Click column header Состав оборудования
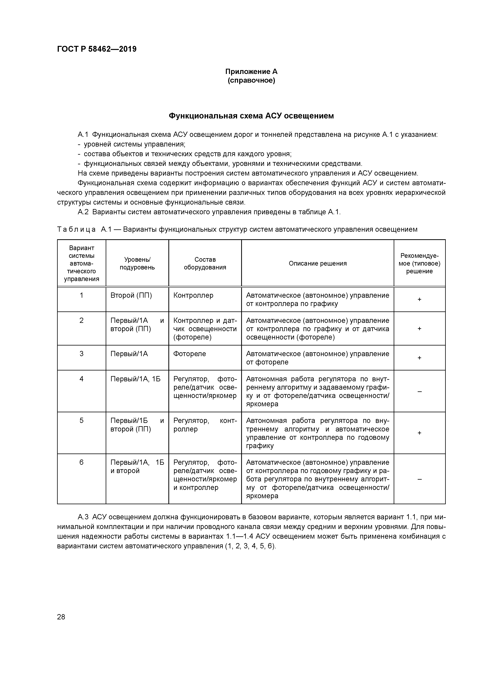coord(205,263)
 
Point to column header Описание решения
coord(318,263)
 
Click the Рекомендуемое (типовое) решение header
coord(419,263)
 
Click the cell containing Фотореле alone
coord(189,354)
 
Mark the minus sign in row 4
coord(419,391)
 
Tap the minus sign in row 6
coord(419,479)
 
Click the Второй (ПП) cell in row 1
coord(131,295)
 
